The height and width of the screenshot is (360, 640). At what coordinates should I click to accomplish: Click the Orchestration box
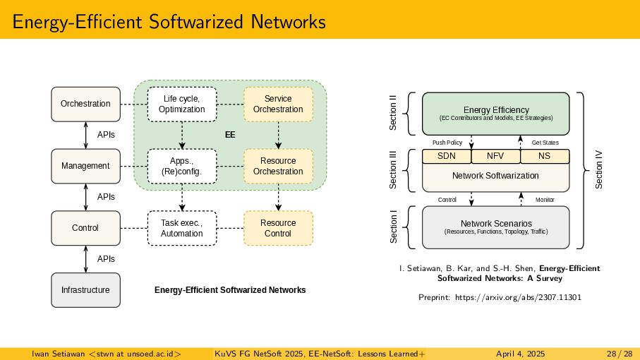tap(85, 104)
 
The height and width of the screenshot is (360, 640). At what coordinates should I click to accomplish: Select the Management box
tap(85, 166)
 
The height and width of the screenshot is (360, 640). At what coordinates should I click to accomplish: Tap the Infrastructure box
tap(85, 290)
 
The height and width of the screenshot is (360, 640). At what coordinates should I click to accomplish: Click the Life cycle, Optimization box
tap(182, 104)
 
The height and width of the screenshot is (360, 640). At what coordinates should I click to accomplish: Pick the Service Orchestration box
tap(278, 104)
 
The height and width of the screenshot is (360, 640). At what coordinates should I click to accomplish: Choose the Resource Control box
tap(278, 228)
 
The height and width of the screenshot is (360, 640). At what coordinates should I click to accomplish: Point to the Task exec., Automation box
tap(182, 228)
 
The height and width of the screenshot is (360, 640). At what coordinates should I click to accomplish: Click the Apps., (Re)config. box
tap(182, 166)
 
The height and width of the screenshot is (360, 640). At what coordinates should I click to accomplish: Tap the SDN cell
tap(446, 156)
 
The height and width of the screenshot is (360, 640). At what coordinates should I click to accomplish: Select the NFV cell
tap(495, 156)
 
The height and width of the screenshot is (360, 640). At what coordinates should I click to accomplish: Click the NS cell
tap(544, 156)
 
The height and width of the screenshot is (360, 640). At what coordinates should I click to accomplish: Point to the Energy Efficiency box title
tap(496, 109)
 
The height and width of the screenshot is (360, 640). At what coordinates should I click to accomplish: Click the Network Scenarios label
tap(496, 223)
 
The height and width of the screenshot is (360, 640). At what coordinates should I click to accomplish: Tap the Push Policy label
tap(447, 143)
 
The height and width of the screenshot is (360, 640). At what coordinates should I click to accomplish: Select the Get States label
tap(545, 143)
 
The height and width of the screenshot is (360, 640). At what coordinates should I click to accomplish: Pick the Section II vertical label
tap(394, 113)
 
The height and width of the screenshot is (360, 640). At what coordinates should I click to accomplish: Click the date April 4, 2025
tap(521, 353)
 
